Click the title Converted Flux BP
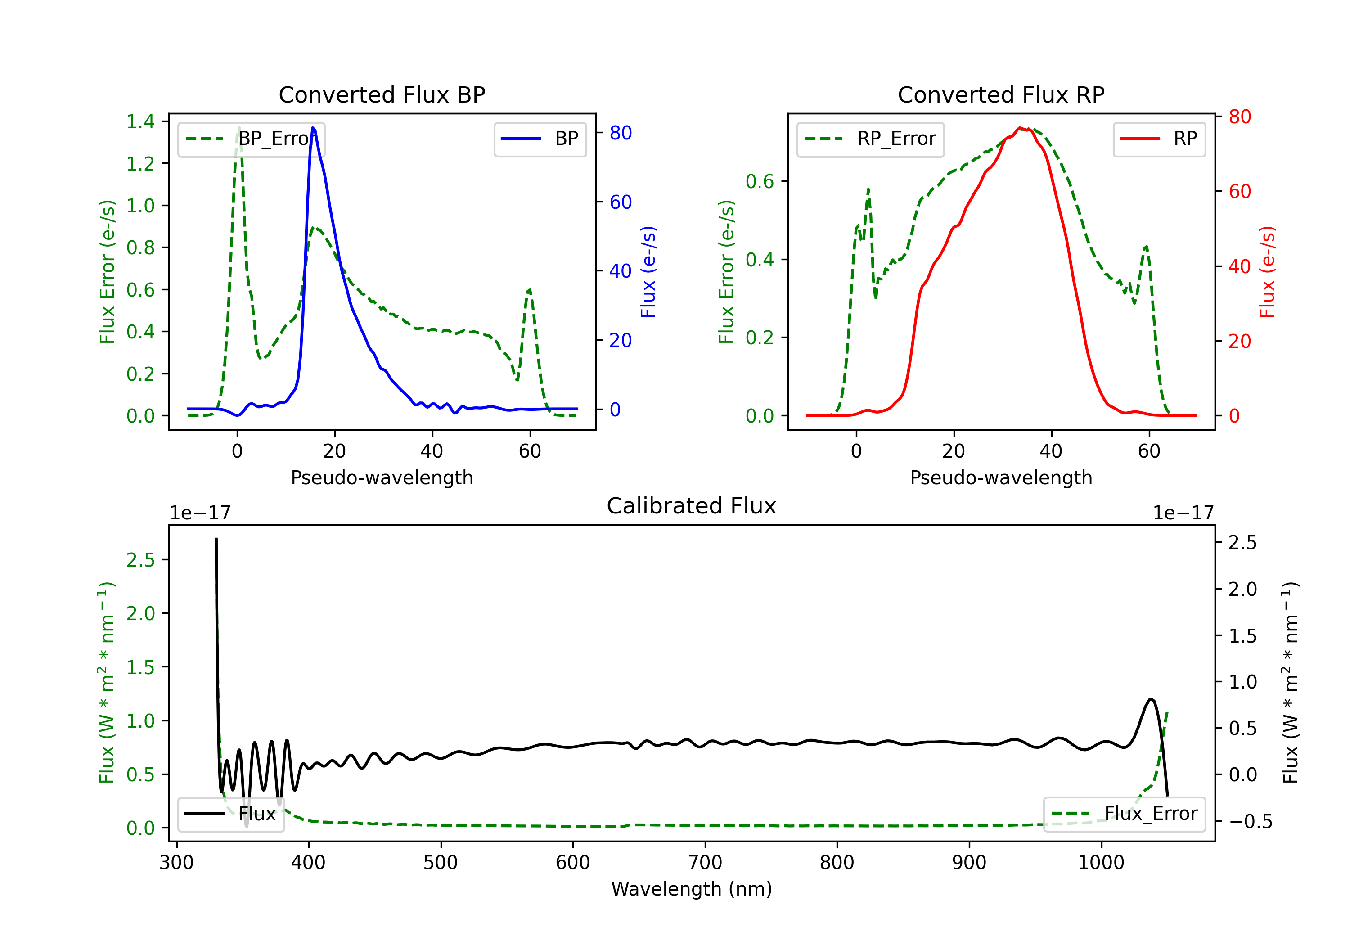click(x=382, y=94)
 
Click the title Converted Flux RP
click(x=1001, y=94)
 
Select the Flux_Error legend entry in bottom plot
click(x=1124, y=814)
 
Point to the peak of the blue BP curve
click(x=313, y=128)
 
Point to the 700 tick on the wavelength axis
click(x=705, y=862)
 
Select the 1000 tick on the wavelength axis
click(x=1101, y=862)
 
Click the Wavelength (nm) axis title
click(x=692, y=889)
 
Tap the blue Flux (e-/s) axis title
click(x=648, y=272)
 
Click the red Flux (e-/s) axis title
click(x=1267, y=272)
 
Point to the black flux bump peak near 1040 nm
click(x=1151, y=699)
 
